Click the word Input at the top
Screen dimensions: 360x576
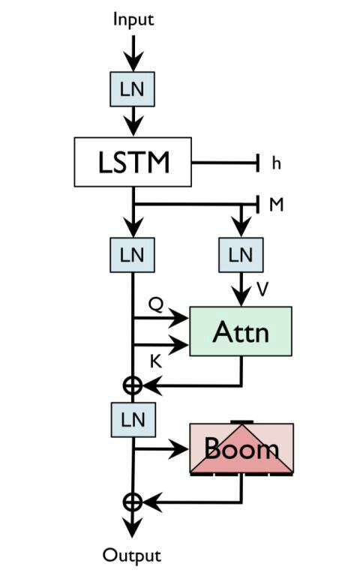coord(133,19)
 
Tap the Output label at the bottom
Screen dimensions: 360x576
coord(132,556)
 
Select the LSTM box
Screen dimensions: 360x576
coord(133,162)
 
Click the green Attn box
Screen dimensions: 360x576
coord(241,331)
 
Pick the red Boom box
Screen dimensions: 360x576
coord(241,448)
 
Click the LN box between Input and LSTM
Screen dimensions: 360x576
coord(132,89)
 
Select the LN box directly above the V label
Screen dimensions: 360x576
coord(241,255)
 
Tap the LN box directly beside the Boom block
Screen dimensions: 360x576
coord(133,420)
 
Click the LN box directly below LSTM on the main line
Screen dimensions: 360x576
coord(132,255)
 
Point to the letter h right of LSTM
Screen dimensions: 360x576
coord(276,163)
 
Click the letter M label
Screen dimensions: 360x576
coord(277,205)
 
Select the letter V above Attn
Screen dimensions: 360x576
coord(263,289)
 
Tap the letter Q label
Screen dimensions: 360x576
coord(156,304)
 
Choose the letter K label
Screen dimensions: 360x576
coord(156,361)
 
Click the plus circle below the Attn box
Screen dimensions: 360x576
coord(132,385)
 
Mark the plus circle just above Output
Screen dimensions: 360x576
coord(132,502)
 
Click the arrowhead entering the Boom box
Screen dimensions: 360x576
coord(178,448)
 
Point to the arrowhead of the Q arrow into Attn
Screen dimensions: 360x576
coord(178,318)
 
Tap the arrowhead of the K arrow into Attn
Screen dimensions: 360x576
coord(178,345)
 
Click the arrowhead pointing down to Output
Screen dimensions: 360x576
coord(132,527)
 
